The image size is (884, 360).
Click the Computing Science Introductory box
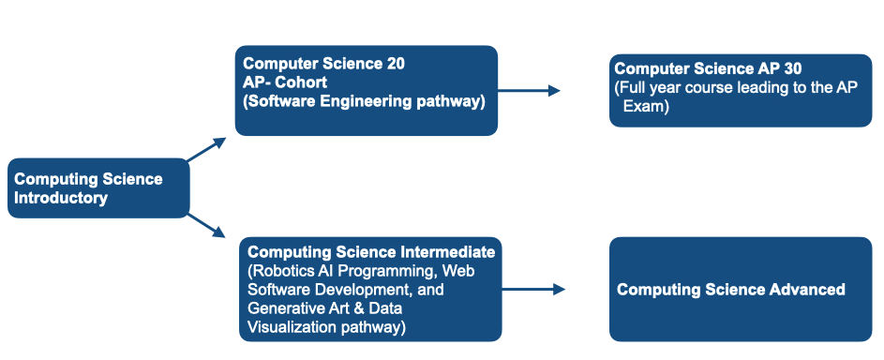coord(98,188)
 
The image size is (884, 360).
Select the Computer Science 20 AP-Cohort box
coord(366,90)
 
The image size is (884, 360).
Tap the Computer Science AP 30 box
coord(741,91)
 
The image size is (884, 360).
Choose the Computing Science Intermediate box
coord(370,290)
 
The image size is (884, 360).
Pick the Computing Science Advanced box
coord(741,289)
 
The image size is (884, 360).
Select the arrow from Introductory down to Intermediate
coord(206,225)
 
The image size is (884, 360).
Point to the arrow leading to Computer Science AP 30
coord(529,91)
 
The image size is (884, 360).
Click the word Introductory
coord(61,198)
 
